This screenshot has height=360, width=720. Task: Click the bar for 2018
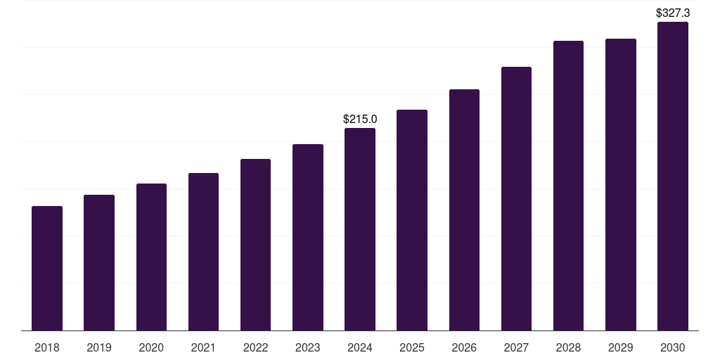tap(47, 268)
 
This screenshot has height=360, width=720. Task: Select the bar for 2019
tap(99, 262)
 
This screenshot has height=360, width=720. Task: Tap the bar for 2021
tap(203, 252)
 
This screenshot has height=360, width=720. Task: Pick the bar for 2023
tap(308, 237)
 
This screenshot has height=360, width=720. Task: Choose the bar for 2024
tap(360, 229)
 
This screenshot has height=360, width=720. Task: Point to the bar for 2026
tap(464, 210)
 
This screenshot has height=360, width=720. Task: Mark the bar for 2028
tap(568, 186)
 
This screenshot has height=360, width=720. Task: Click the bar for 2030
tap(673, 176)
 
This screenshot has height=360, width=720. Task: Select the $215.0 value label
tap(360, 119)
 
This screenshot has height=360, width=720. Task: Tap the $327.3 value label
tap(673, 13)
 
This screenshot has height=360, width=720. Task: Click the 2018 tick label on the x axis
tap(47, 347)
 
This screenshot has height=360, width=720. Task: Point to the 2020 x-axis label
tap(151, 347)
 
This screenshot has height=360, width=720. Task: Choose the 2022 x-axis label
tap(255, 347)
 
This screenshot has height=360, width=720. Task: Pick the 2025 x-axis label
tap(412, 347)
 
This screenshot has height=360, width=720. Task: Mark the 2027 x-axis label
tap(516, 347)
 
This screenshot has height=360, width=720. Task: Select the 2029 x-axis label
tap(621, 347)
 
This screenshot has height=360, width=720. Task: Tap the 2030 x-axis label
tap(673, 347)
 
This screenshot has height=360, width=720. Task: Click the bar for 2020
tap(151, 257)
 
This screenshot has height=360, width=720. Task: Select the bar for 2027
tap(516, 198)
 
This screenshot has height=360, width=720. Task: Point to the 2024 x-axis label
tap(360, 347)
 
